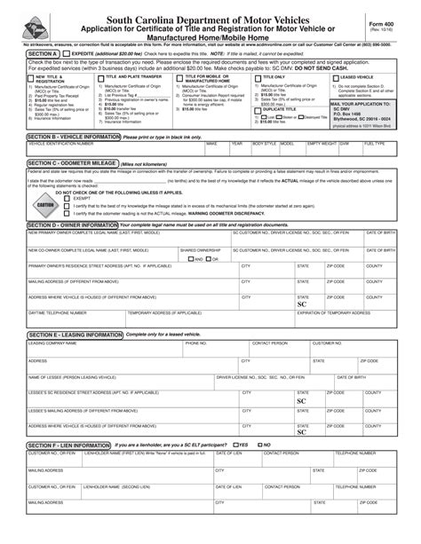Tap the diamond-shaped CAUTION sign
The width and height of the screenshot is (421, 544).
[x=45, y=204]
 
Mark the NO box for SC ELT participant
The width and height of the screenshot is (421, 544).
[x=258, y=444]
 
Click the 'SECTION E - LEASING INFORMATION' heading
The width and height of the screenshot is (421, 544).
[x=75, y=335]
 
